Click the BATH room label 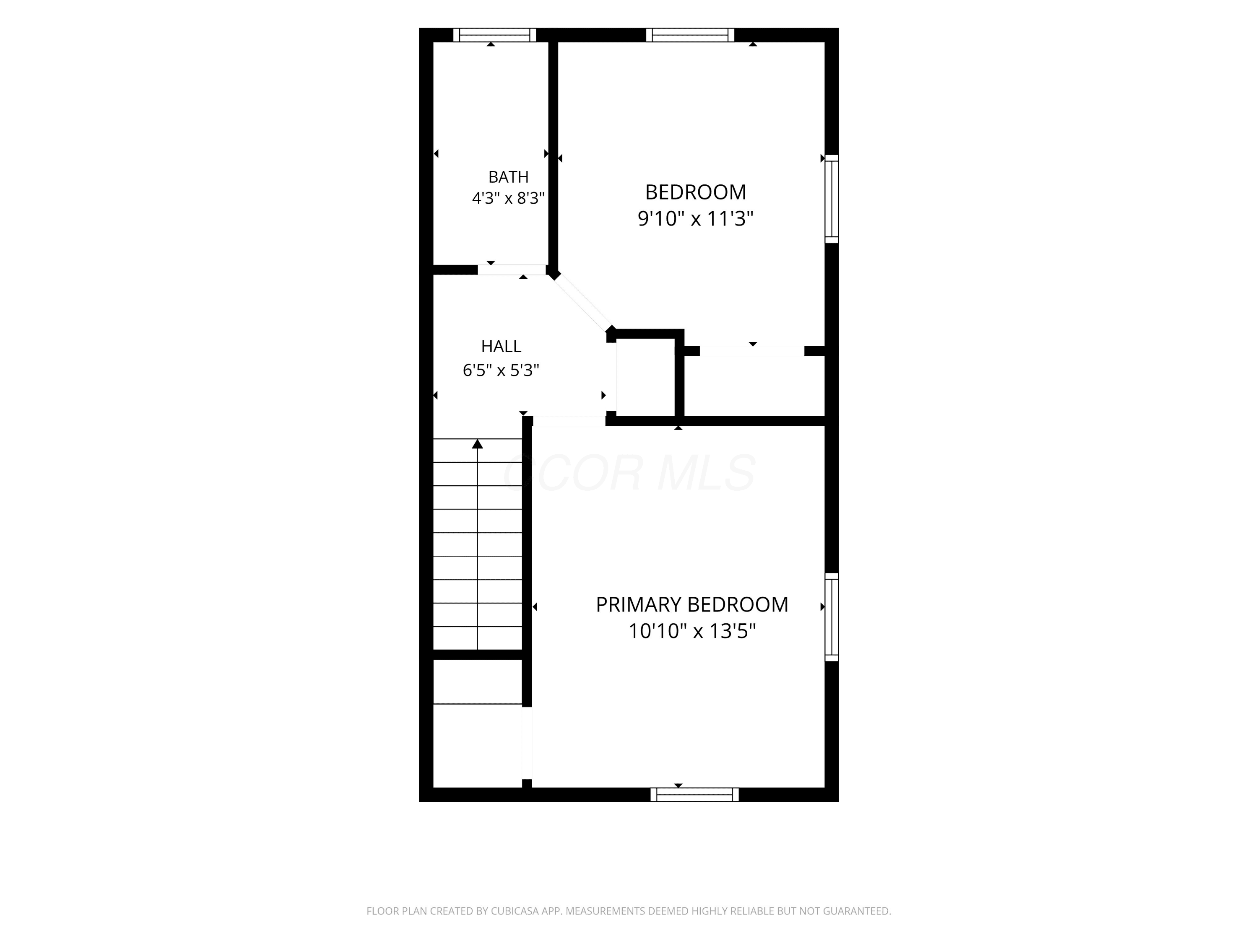click(x=508, y=177)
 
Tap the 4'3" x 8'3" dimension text click(x=508, y=198)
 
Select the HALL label click(x=501, y=346)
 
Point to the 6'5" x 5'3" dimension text click(x=501, y=370)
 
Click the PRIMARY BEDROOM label click(x=692, y=604)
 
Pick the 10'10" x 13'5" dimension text click(x=692, y=631)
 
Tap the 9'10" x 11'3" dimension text click(x=696, y=218)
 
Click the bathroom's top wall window click(x=495, y=35)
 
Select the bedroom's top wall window click(x=690, y=35)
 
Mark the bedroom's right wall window click(x=832, y=199)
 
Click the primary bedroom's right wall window click(x=832, y=617)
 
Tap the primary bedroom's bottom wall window click(x=695, y=795)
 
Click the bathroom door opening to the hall click(x=512, y=270)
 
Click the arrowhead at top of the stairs click(x=478, y=444)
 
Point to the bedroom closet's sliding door click(x=752, y=351)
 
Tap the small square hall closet click(x=645, y=378)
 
